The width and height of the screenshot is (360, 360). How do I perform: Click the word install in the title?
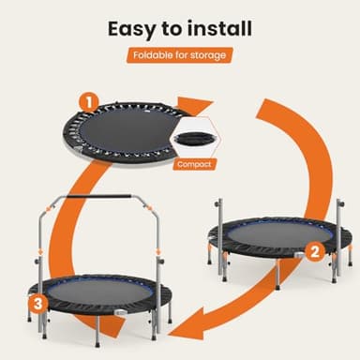217,27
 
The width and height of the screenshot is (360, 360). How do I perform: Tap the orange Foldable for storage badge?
179,55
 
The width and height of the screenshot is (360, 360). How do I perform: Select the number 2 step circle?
315,251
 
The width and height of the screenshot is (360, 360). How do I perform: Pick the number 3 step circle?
37,302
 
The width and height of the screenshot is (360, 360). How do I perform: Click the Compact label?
195,163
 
